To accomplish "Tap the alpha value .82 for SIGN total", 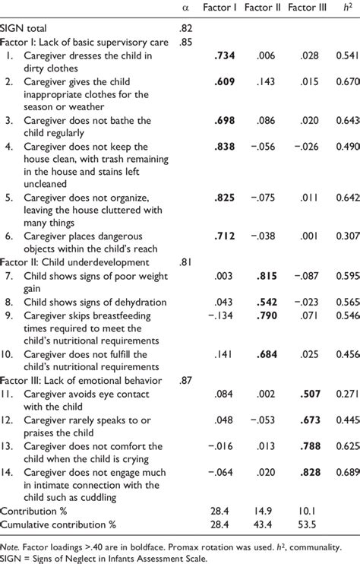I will coord(186,29).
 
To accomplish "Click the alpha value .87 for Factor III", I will coord(186,378).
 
